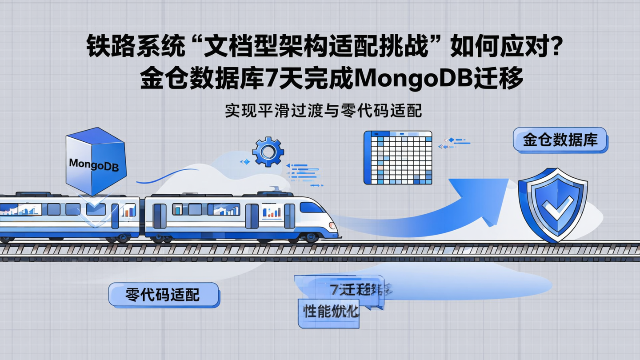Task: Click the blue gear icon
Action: coord(268,152)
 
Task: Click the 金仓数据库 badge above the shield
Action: coord(560,140)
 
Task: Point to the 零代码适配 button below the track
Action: coord(163,294)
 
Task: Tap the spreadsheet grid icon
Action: coord(398,157)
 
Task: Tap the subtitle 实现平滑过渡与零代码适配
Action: coord(323,111)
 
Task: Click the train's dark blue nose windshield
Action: coord(311,207)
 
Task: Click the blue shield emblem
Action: coord(552,204)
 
